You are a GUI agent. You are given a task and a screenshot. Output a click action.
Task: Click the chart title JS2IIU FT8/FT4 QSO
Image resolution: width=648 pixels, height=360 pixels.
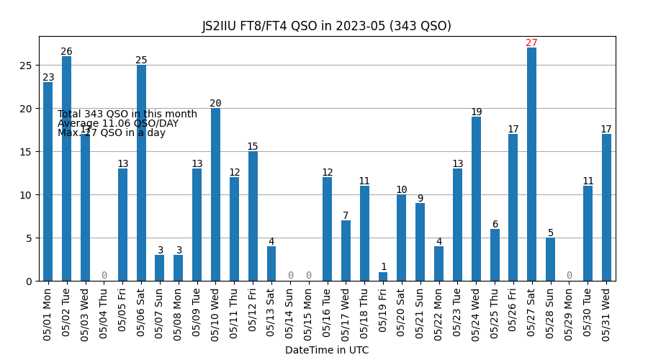point(326,26)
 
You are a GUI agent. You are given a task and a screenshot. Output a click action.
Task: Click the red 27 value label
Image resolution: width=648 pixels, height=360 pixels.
point(531,43)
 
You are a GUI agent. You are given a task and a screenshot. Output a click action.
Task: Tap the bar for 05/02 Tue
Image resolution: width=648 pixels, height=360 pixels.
point(66,168)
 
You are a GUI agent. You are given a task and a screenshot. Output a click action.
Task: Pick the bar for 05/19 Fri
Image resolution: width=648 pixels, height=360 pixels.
point(383,276)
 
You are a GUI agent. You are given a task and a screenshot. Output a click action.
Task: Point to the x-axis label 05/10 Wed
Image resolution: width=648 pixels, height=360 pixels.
point(216,310)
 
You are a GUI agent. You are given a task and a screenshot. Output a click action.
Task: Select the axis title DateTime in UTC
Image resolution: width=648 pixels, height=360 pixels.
point(326,351)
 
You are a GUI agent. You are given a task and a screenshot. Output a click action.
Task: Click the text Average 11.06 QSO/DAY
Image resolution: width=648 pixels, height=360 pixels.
point(118,124)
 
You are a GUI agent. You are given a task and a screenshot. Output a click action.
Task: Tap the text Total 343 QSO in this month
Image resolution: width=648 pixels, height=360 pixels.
point(127,114)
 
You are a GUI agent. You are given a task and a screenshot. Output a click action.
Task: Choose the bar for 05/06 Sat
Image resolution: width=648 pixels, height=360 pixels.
point(141,173)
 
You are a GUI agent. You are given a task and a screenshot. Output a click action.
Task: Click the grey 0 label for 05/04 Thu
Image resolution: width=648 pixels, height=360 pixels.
point(104,276)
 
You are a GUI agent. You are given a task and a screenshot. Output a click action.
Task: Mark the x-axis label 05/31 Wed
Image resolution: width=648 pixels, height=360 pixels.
point(606,310)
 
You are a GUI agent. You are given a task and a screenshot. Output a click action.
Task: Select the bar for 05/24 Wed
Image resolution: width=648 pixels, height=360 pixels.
point(476,199)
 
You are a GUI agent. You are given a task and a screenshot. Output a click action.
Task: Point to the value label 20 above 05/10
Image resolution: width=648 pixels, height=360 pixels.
point(215,104)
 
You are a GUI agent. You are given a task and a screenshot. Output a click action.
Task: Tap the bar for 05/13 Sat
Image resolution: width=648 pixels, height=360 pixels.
point(271,264)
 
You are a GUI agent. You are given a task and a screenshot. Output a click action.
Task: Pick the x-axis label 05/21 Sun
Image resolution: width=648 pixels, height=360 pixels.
point(420,310)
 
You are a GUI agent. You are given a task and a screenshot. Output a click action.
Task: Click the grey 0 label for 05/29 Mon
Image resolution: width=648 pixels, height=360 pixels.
point(569,276)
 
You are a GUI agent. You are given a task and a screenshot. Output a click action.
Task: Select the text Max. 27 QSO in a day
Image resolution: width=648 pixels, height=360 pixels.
point(112,133)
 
